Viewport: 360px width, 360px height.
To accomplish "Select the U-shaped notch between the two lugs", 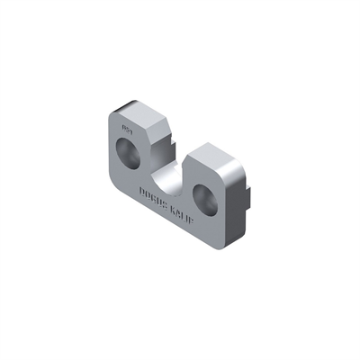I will pyautogui.click(x=166, y=172).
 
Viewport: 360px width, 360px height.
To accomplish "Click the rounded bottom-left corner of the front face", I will pyautogui.click(x=114, y=180).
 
